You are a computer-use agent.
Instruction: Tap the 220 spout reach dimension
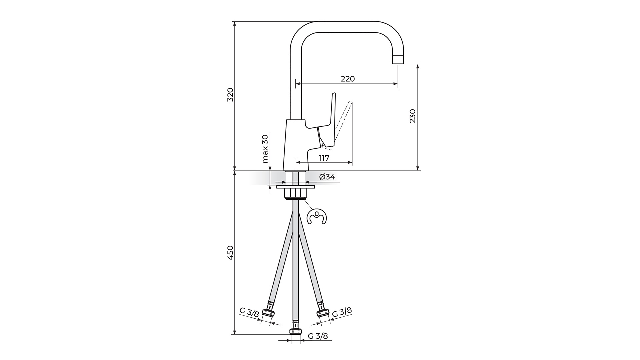click(348, 79)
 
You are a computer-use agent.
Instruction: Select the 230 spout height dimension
click(413, 116)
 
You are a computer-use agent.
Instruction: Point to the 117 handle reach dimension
click(324, 158)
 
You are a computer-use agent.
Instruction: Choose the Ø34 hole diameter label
click(327, 177)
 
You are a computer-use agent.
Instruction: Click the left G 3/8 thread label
click(249, 313)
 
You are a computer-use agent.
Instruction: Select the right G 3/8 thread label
click(342, 312)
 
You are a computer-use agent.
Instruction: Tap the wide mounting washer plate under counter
click(295, 187)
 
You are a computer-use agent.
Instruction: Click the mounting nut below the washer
click(295, 194)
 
